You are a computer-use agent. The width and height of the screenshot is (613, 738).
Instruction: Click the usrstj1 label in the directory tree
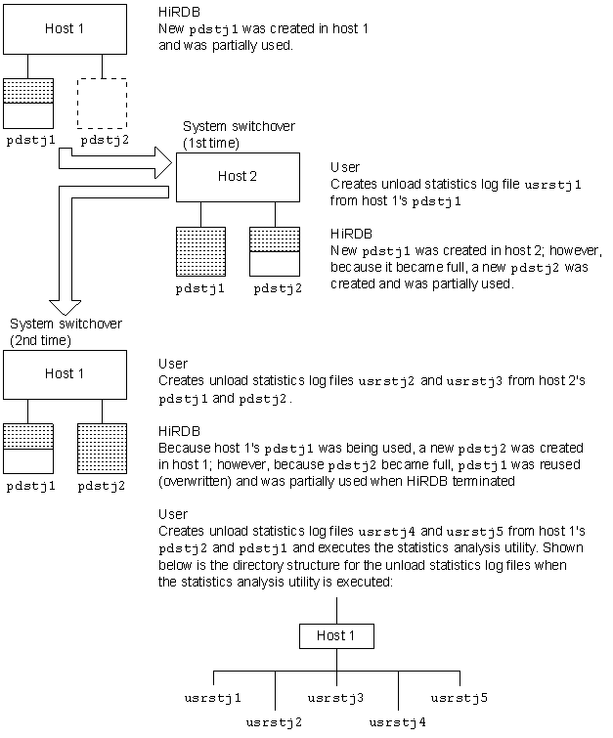213,698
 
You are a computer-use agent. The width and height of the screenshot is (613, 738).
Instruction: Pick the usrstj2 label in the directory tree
274,722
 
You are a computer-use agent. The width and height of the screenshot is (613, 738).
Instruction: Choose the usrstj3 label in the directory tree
335,698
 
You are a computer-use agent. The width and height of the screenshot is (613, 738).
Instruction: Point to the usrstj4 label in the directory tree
397,722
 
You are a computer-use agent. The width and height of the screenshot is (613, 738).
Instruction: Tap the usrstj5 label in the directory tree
460,698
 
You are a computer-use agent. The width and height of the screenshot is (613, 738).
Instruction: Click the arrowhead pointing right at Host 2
164,162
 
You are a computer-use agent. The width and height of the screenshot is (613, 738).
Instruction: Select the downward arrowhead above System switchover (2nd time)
65,308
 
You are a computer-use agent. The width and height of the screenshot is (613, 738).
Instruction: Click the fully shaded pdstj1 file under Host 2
201,251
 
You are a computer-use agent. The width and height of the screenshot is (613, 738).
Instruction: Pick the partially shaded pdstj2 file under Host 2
275,251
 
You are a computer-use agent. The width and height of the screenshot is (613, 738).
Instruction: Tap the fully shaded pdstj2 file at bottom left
102,449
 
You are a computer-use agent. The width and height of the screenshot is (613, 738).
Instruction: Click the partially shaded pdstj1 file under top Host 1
28,104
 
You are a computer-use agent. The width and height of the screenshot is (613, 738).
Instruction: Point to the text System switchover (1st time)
239,135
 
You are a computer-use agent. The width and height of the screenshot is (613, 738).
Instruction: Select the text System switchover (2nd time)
66,332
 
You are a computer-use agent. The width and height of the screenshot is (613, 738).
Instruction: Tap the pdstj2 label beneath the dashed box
105,140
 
